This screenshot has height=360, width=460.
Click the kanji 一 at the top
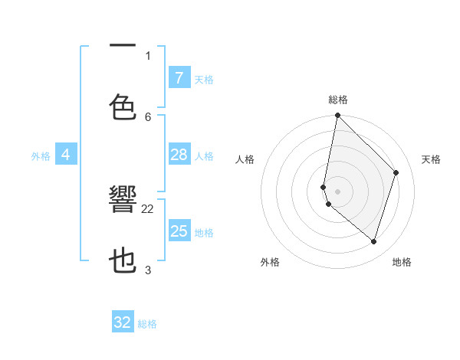pyautogui.click(x=123, y=46)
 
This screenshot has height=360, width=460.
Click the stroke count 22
pyautogui.click(x=148, y=208)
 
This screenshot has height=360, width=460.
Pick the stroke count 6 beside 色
pyautogui.click(x=148, y=116)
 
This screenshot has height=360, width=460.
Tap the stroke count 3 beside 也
pyautogui.click(x=148, y=270)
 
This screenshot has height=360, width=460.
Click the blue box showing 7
pyautogui.click(x=179, y=77)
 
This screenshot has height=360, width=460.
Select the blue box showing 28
pyautogui.click(x=179, y=155)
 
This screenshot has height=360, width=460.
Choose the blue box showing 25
pyautogui.click(x=179, y=231)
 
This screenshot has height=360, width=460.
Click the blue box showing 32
pyautogui.click(x=123, y=322)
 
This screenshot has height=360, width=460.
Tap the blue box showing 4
pyautogui.click(x=66, y=155)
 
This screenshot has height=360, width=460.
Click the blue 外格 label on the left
pyautogui.click(x=41, y=156)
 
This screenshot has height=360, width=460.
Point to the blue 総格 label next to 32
pyautogui.click(x=147, y=324)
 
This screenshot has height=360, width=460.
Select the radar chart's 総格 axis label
pyautogui.click(x=338, y=100)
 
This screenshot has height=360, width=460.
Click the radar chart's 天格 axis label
pyautogui.click(x=431, y=159)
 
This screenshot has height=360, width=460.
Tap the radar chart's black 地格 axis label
pyautogui.click(x=402, y=262)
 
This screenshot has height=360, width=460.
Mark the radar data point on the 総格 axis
pyautogui.click(x=337, y=116)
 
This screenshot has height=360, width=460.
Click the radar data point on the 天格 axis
pyautogui.click(x=396, y=172)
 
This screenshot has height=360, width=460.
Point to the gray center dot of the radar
pyautogui.click(x=337, y=191)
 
